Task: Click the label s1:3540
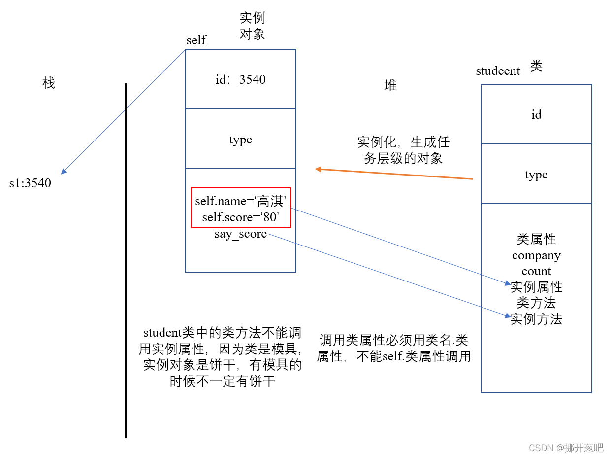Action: [30, 183]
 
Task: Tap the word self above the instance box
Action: [196, 40]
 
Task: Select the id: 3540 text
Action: [241, 80]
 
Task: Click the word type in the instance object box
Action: [241, 140]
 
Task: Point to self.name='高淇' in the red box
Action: [241, 201]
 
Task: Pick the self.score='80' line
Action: [241, 217]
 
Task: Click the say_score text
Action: [241, 234]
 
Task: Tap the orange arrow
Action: [394, 174]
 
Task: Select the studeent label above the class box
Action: [498, 71]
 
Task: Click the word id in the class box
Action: [536, 115]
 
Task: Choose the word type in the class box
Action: [536, 175]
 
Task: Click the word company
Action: [536, 256]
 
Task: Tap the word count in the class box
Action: [536, 271]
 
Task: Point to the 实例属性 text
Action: [536, 286]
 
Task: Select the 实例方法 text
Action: [536, 319]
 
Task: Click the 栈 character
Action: [49, 83]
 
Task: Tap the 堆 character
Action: [390, 86]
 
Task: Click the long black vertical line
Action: [126, 261]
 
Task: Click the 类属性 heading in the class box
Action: [536, 240]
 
